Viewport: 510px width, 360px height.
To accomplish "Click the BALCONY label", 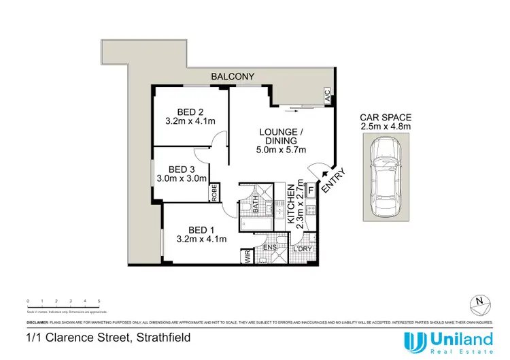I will (x=232, y=77).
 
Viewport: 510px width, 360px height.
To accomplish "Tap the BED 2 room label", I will (x=190, y=112).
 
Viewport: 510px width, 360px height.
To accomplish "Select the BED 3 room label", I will (x=182, y=169).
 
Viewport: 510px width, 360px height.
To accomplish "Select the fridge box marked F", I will (x=311, y=191).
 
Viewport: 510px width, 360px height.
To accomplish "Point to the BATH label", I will (x=256, y=204).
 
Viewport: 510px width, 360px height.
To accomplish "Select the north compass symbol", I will (x=479, y=301).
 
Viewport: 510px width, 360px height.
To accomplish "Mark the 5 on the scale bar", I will (x=99, y=301).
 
